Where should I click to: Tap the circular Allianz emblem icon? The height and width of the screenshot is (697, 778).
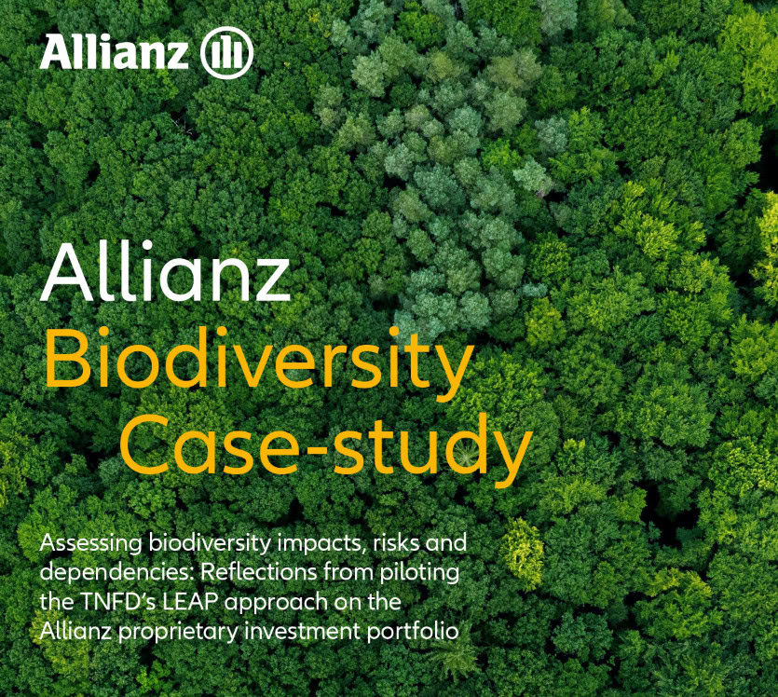pyautogui.click(x=227, y=53)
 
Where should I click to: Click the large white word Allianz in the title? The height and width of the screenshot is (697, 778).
pyautogui.click(x=165, y=270)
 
